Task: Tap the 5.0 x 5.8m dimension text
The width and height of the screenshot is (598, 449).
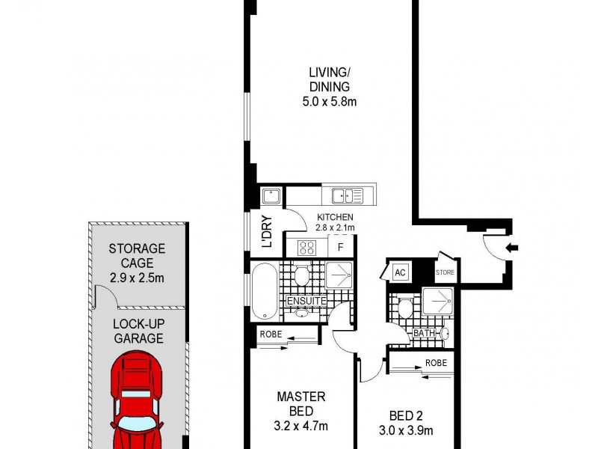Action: (x=330, y=101)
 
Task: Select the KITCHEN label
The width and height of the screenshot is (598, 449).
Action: (x=334, y=217)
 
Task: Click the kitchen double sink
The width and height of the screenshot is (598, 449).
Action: (x=348, y=196)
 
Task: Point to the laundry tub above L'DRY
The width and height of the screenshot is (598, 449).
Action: (x=271, y=197)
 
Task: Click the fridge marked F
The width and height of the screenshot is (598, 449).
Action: (x=341, y=245)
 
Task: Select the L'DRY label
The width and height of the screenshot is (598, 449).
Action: (x=265, y=231)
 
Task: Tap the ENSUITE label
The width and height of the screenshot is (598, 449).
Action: (x=306, y=302)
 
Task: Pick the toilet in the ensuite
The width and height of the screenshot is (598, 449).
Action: (x=301, y=276)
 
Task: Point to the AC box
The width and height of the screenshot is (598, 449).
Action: (x=400, y=272)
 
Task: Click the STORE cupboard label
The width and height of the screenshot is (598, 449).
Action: (x=445, y=272)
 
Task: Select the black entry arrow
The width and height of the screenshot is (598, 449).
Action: (x=513, y=248)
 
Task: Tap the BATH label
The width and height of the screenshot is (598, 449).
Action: (x=424, y=333)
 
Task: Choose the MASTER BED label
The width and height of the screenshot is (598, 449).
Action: (x=301, y=404)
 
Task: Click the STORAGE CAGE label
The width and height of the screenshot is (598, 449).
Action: (x=137, y=256)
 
